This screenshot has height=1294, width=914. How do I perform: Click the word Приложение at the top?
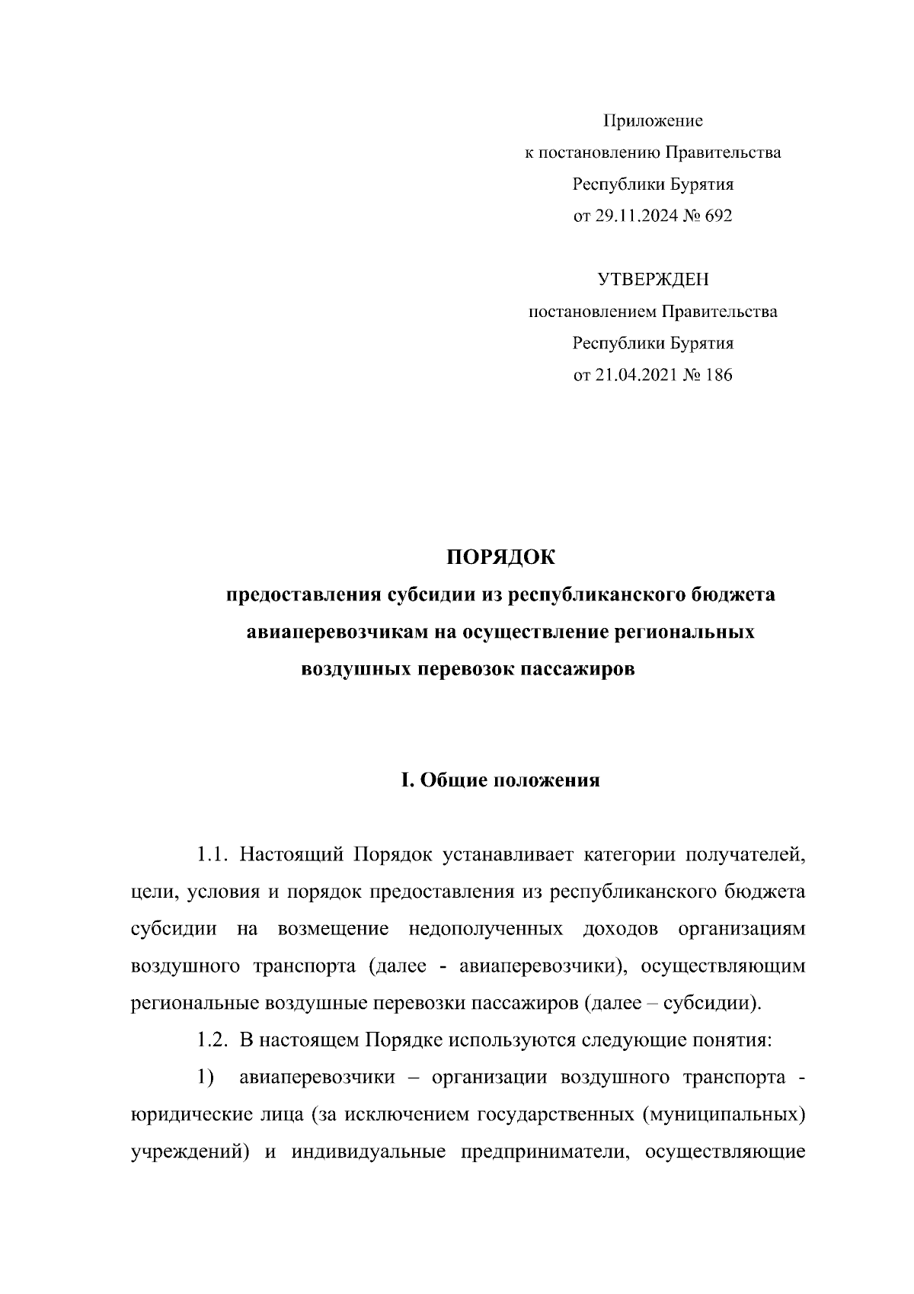click(653, 120)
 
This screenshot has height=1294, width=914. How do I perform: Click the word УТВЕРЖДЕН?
click(653, 280)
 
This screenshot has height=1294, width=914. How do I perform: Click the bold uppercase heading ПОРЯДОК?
click(500, 557)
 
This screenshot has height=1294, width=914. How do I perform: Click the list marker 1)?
click(204, 1078)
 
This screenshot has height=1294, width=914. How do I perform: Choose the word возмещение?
click(334, 930)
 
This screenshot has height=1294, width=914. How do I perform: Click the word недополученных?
click(486, 930)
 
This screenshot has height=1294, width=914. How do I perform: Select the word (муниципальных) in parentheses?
click(723, 1116)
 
